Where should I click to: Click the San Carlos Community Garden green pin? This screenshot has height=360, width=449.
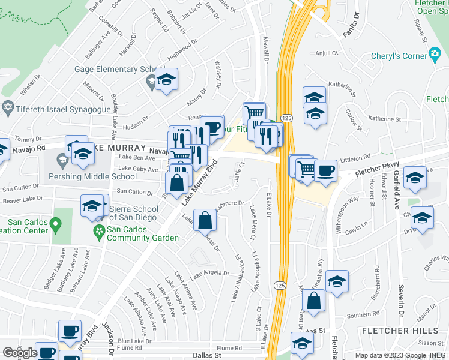pyautogui.click(x=97, y=231)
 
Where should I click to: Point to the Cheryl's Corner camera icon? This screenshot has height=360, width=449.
pyautogui.click(x=435, y=55)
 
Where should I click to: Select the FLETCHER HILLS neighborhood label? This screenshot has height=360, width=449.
pyautogui.click(x=394, y=331)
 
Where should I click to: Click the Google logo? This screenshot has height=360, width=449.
pyautogui.click(x=19, y=353)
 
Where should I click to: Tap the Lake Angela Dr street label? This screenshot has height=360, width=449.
pyautogui.click(x=209, y=275)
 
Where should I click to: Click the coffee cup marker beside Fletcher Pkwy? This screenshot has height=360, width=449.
pyautogui.click(x=325, y=170)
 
